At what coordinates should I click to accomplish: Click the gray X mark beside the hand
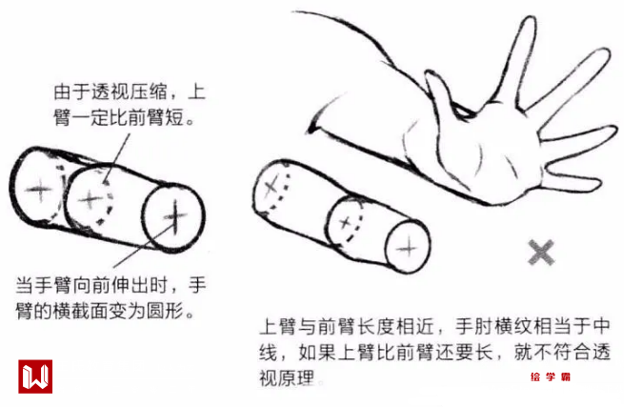541,252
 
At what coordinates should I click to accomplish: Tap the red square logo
35,376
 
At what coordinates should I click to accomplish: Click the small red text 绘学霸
551,376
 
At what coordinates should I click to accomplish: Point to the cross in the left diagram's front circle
175,216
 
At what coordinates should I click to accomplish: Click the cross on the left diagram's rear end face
39,191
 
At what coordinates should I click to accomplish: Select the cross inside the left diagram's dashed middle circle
90,200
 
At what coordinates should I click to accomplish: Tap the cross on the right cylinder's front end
408,248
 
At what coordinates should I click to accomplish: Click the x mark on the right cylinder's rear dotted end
271,188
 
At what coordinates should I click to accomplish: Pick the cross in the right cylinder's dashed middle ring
346,223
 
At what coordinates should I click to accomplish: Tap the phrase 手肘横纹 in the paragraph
493,326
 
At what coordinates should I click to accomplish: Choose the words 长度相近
396,326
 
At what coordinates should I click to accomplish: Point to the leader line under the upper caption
117,158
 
